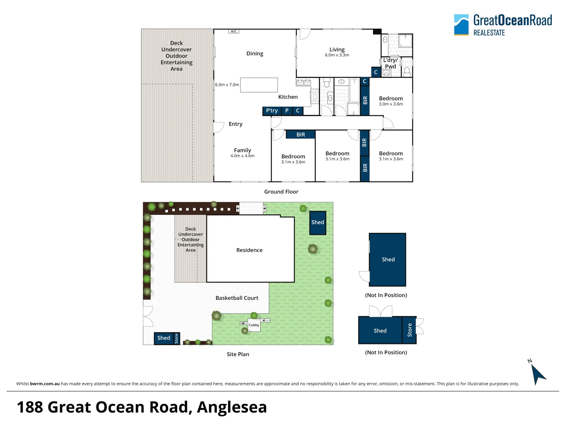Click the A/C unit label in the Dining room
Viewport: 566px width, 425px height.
(x=233, y=31)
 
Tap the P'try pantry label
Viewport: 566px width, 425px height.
(x=272, y=111)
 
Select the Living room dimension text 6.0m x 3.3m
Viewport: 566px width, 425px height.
(x=337, y=55)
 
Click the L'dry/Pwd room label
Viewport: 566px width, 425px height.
(x=390, y=63)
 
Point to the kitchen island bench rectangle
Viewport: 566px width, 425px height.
(x=259, y=85)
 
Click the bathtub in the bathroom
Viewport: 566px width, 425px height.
(x=354, y=91)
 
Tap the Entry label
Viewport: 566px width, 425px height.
(x=235, y=124)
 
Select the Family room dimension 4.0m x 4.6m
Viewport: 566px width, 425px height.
(x=243, y=155)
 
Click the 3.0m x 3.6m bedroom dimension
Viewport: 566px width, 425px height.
(x=391, y=104)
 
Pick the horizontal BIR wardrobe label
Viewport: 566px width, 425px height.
(x=301, y=135)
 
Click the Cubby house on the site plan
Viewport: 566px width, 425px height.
(x=254, y=325)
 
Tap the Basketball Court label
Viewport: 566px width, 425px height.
(x=237, y=298)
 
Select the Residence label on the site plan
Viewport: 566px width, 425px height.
(x=249, y=250)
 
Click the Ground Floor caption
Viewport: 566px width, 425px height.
(x=281, y=192)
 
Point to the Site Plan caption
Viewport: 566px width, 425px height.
(x=238, y=354)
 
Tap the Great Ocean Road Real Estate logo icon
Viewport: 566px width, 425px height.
(x=461, y=25)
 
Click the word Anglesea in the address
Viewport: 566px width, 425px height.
(x=232, y=407)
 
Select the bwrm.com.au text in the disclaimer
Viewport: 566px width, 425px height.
(x=45, y=384)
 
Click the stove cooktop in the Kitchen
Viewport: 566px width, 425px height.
(x=315, y=96)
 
